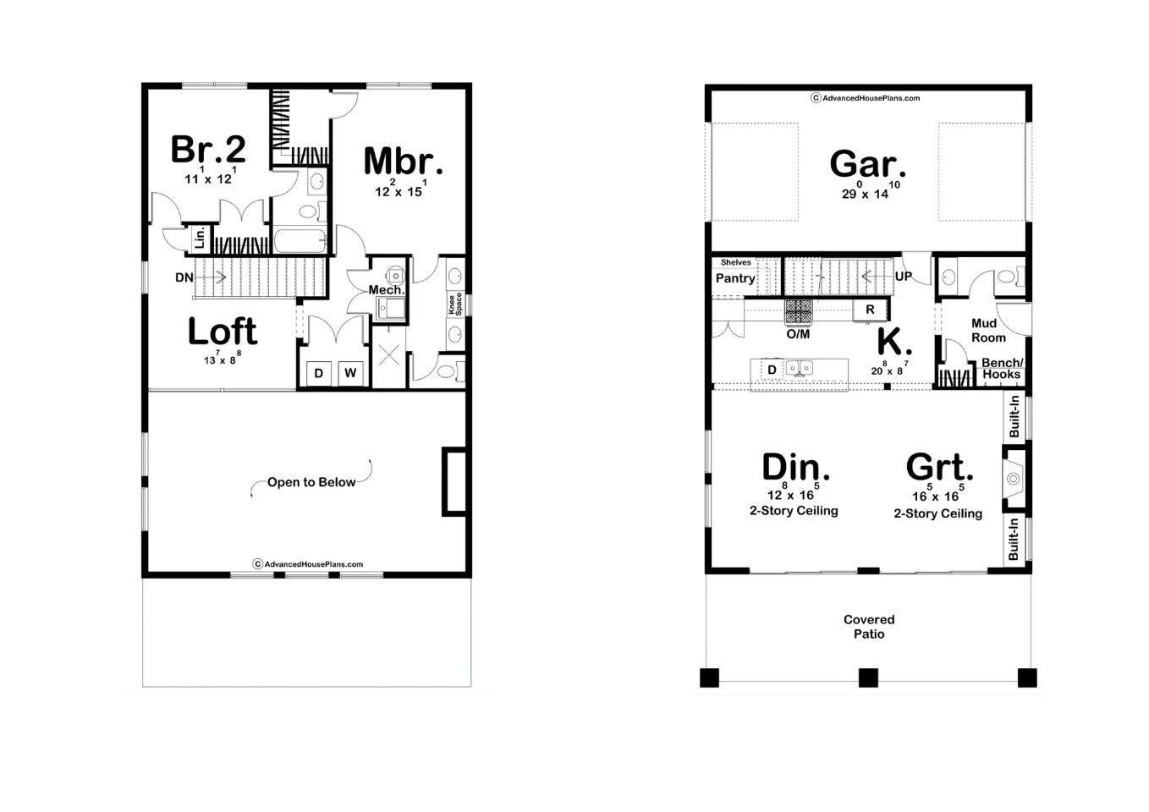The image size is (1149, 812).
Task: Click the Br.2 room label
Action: (208, 149)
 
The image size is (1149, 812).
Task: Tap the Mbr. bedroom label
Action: (404, 161)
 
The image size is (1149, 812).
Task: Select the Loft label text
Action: (223, 332)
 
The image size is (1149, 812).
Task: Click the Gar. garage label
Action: (868, 164)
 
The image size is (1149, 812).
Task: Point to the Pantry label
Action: (735, 278)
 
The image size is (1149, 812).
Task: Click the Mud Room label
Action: (988, 331)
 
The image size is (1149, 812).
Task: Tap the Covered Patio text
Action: (869, 627)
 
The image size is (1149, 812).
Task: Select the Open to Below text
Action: (311, 482)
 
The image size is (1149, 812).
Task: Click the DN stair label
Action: (184, 277)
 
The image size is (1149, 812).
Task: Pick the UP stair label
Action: (904, 277)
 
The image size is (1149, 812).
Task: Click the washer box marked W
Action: (351, 373)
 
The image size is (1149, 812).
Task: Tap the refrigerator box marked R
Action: (870, 310)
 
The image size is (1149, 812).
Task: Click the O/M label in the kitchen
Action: (798, 334)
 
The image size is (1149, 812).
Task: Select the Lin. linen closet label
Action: (200, 239)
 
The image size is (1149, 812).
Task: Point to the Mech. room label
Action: (387, 290)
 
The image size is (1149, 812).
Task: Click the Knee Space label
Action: (455, 304)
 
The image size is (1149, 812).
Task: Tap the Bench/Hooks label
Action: (1002, 369)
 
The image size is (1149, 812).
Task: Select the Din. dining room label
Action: (795, 467)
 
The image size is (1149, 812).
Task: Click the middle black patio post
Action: (868, 678)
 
